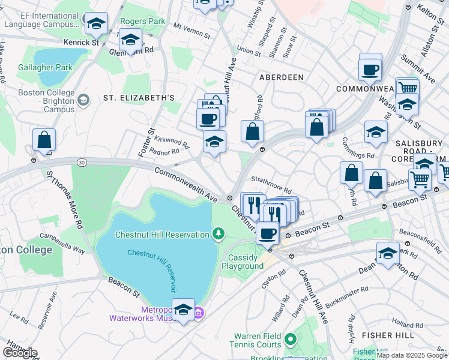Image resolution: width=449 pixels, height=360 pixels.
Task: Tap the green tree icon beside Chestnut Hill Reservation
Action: pos(220,233)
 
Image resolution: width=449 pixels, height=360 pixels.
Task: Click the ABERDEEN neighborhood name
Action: pos(281,78)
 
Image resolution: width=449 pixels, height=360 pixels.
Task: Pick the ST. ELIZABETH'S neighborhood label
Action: pos(139,98)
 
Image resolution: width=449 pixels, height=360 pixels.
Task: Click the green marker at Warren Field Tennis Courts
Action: pos(291,340)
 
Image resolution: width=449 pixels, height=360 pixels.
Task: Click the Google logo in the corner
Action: pos(20,353)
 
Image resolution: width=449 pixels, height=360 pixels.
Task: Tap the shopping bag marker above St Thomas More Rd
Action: pos(44,140)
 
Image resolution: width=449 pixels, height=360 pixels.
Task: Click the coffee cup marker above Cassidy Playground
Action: pos(268,233)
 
